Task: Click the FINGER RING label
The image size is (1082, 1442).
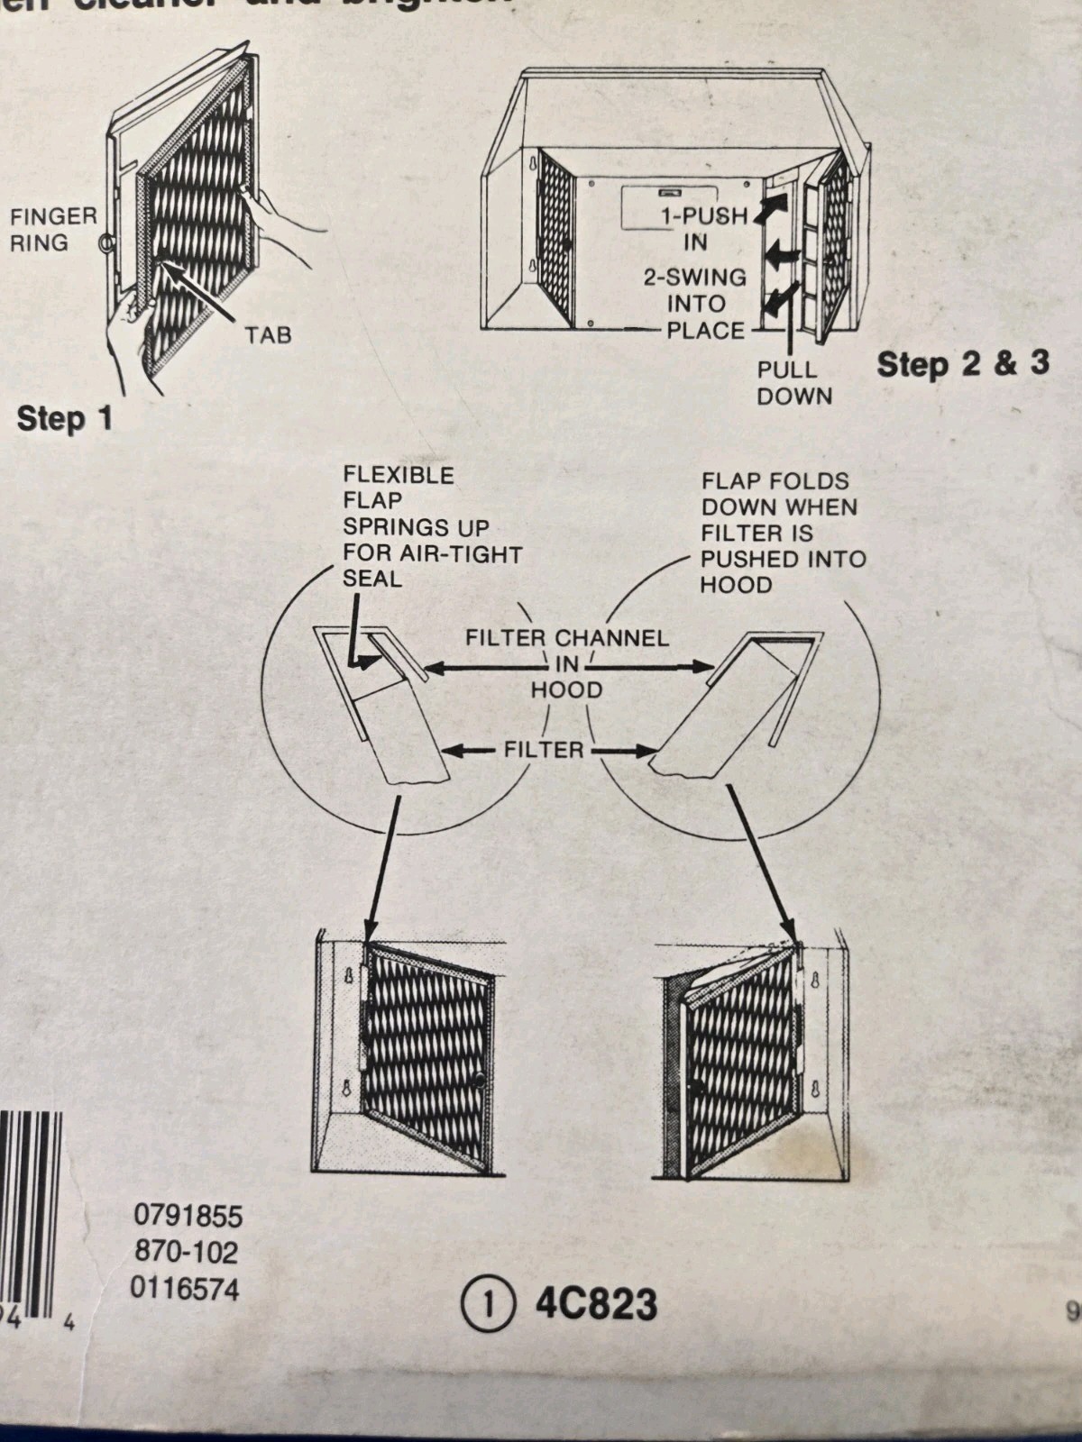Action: click(x=52, y=229)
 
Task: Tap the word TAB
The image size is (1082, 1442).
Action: click(x=268, y=335)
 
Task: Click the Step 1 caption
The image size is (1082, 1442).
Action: click(x=64, y=419)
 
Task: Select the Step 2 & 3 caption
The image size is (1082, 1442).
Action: click(x=962, y=363)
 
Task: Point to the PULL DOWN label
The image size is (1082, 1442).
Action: click(x=793, y=382)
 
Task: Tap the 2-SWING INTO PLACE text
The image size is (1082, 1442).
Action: click(x=695, y=303)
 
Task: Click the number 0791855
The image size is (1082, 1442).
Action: click(x=188, y=1216)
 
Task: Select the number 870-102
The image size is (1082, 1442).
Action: click(x=186, y=1252)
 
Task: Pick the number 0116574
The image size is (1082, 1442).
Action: click(x=185, y=1288)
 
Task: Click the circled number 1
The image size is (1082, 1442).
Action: click(x=488, y=1304)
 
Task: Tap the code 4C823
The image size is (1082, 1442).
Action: click(x=596, y=1304)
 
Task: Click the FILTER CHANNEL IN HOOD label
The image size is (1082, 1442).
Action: click(x=566, y=663)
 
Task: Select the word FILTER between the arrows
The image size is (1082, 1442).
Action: click(x=544, y=749)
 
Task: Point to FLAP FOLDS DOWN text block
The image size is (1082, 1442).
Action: click(x=781, y=533)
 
